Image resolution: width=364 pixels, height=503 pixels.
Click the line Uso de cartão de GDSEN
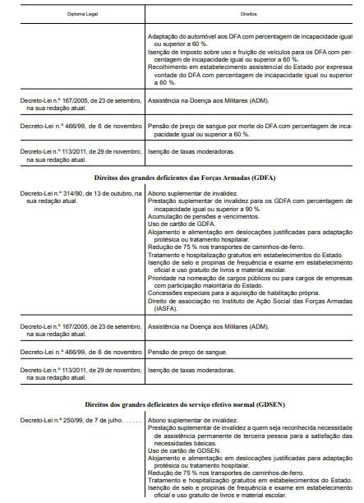tap(182, 450)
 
